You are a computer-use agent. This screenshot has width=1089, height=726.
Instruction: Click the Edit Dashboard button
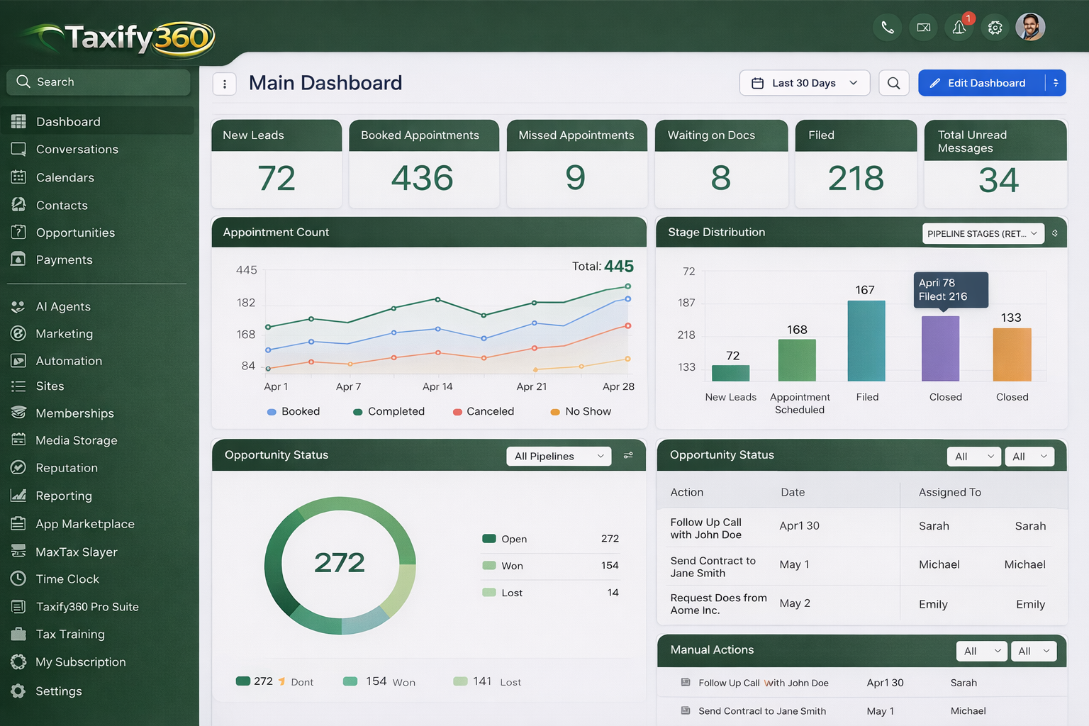[x=981, y=83]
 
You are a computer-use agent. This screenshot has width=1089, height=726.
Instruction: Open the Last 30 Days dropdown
[x=804, y=83]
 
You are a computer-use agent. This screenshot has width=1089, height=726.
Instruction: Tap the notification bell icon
[x=959, y=28]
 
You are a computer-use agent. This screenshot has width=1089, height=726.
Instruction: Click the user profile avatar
[x=1030, y=28]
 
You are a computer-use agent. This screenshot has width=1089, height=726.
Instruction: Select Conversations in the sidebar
[x=77, y=150]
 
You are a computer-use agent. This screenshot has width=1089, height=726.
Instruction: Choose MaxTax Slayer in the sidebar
[x=77, y=552]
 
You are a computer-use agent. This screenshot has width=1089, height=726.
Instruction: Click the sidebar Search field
[x=99, y=82]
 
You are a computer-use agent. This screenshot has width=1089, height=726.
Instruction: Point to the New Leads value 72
[x=277, y=178]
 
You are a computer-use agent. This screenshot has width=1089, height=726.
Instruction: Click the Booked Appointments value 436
[x=423, y=178]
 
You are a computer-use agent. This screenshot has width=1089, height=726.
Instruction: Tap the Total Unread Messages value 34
[x=998, y=180]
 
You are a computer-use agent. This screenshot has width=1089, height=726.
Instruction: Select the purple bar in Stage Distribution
[x=940, y=348]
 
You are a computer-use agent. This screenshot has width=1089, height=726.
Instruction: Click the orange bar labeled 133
[x=1012, y=354]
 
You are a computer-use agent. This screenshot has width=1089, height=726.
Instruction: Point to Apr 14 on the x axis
[x=437, y=386]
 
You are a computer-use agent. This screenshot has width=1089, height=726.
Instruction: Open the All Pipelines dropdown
[x=559, y=456]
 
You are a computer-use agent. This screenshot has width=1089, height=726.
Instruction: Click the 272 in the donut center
[x=340, y=563]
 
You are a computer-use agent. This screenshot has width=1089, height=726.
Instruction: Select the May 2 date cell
[x=795, y=603]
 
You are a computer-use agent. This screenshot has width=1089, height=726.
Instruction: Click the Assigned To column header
[x=949, y=492]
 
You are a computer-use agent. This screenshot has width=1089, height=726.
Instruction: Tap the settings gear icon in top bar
[x=995, y=28]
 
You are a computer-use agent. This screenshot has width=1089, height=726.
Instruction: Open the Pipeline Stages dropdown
[x=983, y=233]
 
